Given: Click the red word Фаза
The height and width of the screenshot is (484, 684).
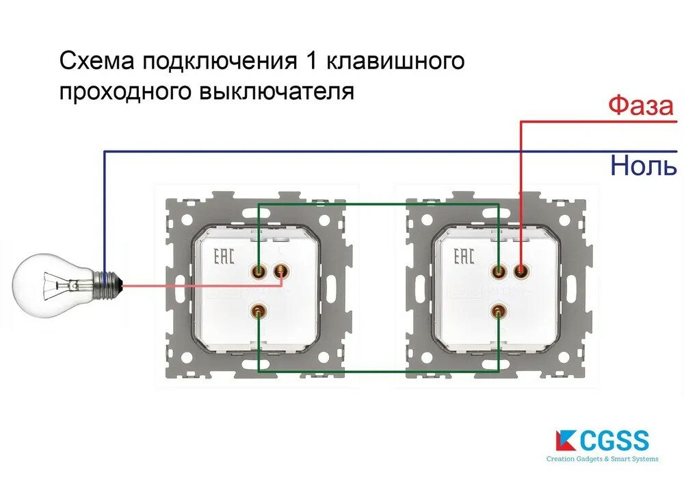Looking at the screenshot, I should point(641,106).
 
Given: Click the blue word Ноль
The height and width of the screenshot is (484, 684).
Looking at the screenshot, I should point(643,166).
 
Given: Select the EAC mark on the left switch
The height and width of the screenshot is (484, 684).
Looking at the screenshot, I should point(224,257).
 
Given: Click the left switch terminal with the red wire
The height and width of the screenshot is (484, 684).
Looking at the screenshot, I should point(280,272).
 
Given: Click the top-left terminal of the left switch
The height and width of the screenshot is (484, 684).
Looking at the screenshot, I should point(259,272).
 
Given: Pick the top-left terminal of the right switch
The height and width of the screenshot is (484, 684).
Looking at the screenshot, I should point(499,272).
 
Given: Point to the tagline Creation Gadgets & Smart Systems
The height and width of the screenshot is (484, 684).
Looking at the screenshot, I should point(602,459).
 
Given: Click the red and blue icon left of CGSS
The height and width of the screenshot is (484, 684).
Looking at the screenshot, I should point(566,440).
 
